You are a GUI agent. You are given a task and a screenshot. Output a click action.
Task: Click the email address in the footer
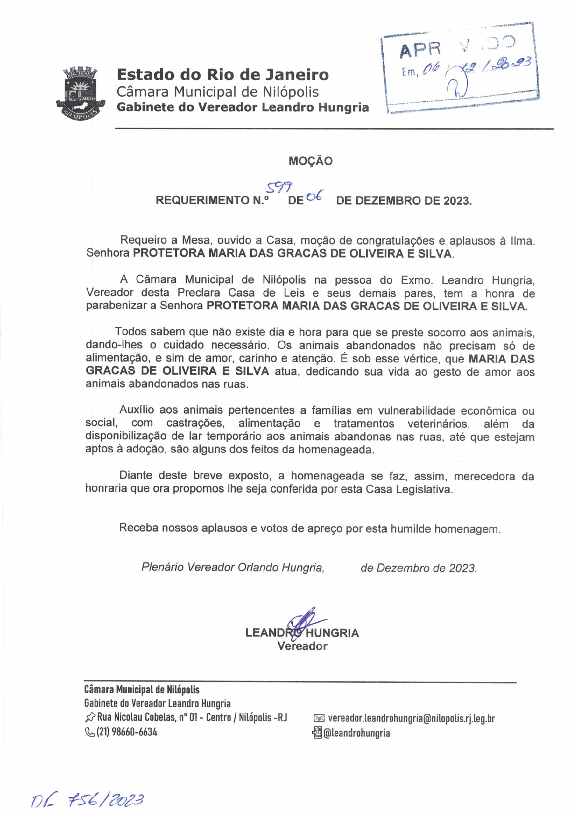[411, 718]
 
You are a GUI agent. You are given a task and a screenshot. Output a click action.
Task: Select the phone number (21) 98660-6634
[127, 732]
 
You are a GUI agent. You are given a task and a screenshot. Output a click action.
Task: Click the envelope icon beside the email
[319, 719]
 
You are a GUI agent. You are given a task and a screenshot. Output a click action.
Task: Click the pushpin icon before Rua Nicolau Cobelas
[90, 718]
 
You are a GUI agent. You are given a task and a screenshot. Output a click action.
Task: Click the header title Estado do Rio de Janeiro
[222, 75]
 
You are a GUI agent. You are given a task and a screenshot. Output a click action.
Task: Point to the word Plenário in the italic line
[162, 567]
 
